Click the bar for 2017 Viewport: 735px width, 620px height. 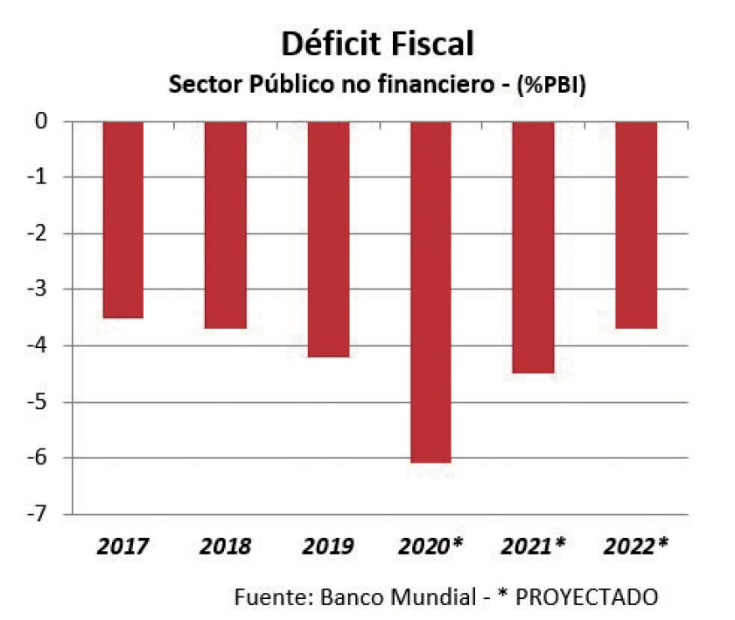122,219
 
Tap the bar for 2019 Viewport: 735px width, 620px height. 328,238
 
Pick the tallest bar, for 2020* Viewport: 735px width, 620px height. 430,291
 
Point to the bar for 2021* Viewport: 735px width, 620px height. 533,247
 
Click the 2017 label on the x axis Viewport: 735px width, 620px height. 122,547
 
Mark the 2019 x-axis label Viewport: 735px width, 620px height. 328,547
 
